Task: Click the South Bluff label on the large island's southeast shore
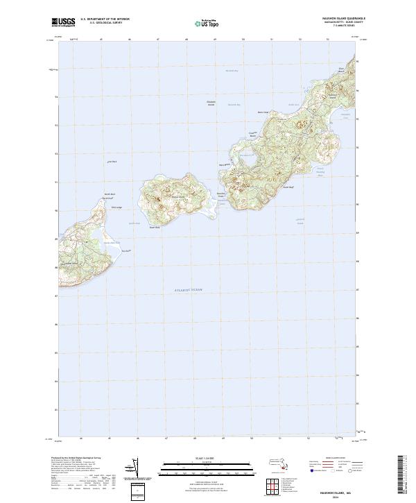click(290, 187)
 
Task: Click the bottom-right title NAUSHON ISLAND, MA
click(324, 489)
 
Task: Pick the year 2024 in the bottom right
click(324, 495)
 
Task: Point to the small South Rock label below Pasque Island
click(155, 226)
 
